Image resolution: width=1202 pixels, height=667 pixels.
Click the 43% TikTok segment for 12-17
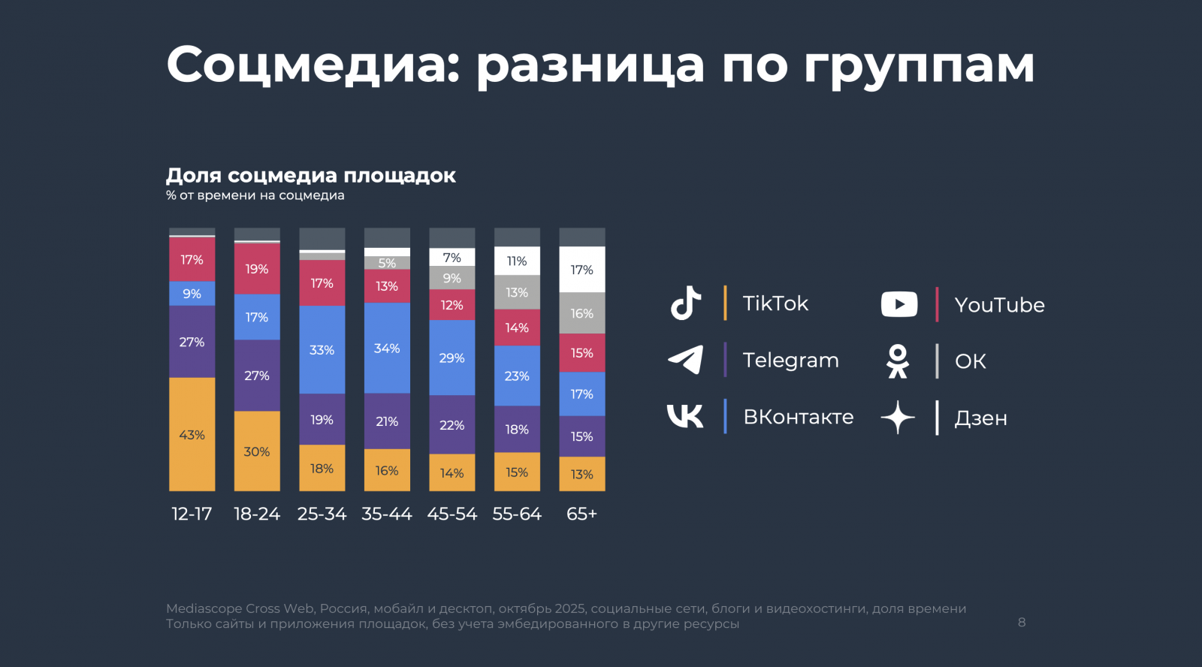tap(192, 434)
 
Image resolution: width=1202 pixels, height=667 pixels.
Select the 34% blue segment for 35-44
tap(387, 348)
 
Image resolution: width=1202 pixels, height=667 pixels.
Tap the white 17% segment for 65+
tap(581, 270)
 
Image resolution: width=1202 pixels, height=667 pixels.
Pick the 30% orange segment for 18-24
tap(257, 451)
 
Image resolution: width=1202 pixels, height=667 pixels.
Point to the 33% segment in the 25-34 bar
tap(322, 349)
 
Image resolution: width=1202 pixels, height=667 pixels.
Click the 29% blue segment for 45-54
tap(452, 358)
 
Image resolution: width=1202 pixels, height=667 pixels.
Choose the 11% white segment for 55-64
tap(517, 261)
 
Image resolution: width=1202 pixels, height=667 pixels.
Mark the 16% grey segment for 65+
tap(581, 313)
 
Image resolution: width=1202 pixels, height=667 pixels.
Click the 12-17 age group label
tap(192, 514)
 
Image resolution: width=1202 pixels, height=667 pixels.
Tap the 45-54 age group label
tap(452, 514)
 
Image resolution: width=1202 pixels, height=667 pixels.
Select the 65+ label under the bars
tap(581, 514)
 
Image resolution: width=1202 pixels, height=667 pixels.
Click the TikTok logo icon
tap(685, 303)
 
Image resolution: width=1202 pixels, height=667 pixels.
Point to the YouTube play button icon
tap(898, 304)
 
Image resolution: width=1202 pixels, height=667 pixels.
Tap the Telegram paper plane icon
tap(685, 360)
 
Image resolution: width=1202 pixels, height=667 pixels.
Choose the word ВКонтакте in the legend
tap(798, 417)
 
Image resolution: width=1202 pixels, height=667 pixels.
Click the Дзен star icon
tap(898, 418)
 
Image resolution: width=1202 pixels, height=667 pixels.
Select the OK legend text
tap(970, 361)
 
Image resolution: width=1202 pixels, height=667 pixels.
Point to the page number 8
tap(1022, 622)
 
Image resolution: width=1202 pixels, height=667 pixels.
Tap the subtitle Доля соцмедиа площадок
tap(310, 176)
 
